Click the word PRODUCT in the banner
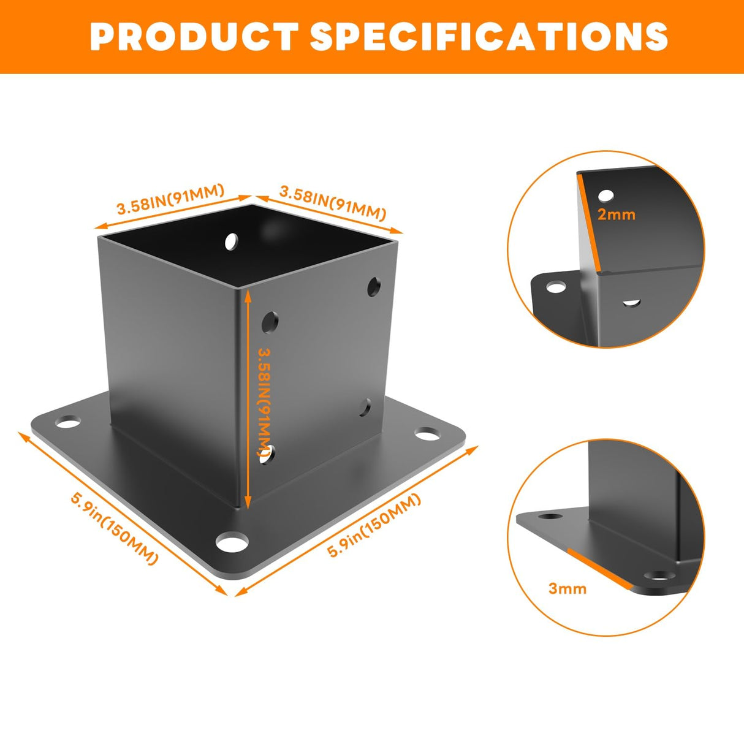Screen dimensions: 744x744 tap(194, 36)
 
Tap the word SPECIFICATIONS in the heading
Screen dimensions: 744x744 tap(489, 36)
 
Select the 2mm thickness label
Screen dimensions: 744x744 tap(616, 214)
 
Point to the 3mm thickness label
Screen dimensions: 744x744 tap(567, 589)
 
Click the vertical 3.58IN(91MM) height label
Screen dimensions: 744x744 tap(265, 402)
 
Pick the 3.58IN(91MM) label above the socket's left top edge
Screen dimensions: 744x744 tap(170, 199)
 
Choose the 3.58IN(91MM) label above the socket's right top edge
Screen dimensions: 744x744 tap(333, 203)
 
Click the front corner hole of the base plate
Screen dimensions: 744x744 tap(232, 542)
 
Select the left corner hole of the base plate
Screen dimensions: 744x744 tap(67, 422)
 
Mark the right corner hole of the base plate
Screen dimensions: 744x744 tap(428, 434)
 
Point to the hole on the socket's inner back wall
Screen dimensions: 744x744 tap(231, 241)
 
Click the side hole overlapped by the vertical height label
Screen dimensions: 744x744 tap(268, 455)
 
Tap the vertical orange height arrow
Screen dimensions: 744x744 tap(248, 398)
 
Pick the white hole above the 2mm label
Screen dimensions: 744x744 tap(605, 195)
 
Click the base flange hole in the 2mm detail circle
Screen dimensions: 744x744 tap(556, 287)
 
